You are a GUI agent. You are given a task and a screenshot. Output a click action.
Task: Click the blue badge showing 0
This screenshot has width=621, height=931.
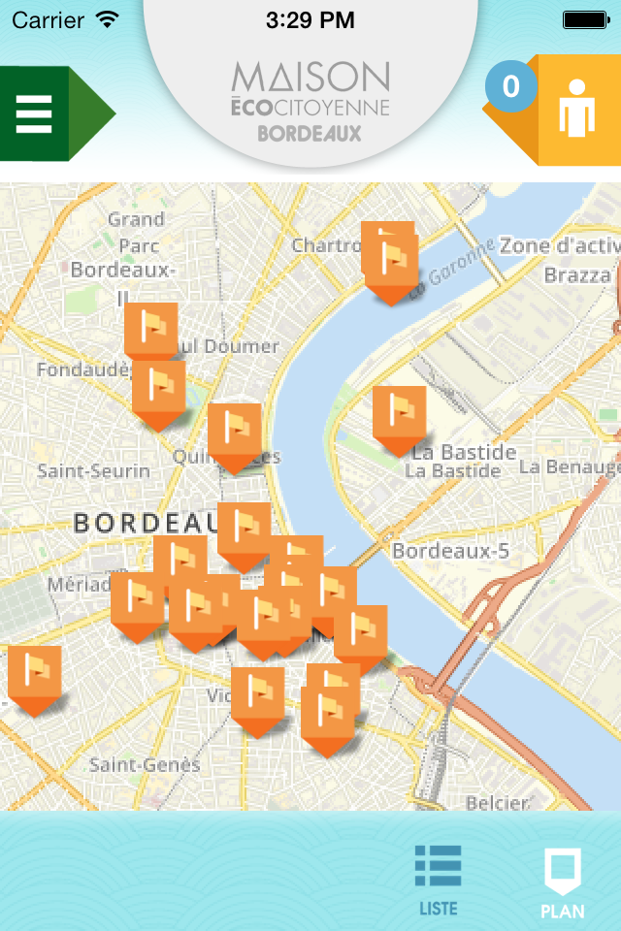[510, 87]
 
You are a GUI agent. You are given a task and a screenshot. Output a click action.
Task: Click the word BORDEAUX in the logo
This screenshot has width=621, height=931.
[310, 134]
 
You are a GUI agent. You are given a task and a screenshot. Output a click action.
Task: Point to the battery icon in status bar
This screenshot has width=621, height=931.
[585, 19]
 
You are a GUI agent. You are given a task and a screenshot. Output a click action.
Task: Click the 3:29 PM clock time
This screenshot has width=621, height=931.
[310, 19]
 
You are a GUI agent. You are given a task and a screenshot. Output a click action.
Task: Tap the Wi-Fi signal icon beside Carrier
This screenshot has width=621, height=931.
[108, 19]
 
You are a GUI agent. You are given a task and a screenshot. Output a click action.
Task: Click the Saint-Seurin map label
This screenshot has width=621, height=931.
[93, 471]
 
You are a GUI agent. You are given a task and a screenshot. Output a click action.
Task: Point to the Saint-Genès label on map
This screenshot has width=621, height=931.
[145, 765]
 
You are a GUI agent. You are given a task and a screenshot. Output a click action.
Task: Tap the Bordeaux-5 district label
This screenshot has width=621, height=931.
[450, 551]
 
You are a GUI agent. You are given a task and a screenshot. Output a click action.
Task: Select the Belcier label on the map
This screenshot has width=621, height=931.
[497, 802]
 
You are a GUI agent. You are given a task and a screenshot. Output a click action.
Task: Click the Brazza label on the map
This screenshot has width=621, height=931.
[576, 275]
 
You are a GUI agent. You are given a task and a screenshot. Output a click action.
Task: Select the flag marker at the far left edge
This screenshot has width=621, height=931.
[34, 677]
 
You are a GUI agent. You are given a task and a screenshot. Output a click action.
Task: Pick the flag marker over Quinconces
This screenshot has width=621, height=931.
[234, 434]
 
